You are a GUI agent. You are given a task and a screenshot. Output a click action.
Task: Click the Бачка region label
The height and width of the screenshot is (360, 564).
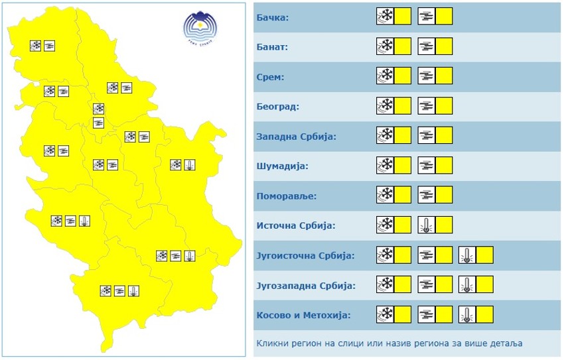[x=273, y=17]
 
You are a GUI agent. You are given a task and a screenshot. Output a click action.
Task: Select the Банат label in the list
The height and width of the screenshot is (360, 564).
[x=272, y=47]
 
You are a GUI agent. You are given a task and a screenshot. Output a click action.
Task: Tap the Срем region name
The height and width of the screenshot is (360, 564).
[x=270, y=77]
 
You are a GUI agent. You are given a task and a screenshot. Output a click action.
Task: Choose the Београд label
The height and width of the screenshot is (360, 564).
[x=278, y=106]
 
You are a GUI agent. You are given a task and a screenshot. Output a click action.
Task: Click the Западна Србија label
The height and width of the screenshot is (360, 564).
[x=296, y=137]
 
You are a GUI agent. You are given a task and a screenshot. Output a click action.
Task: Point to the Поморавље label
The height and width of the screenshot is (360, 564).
[x=287, y=196]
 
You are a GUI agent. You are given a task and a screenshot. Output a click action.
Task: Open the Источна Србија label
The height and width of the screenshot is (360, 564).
[x=296, y=225]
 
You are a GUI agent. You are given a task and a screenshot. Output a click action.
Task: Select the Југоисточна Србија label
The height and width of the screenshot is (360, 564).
[x=305, y=255]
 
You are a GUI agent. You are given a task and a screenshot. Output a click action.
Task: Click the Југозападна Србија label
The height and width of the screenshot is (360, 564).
[x=306, y=286]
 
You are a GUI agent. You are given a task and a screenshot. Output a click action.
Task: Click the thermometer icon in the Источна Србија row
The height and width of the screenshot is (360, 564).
[x=427, y=225]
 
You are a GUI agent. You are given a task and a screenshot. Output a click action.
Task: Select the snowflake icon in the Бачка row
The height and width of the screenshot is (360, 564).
[x=385, y=16]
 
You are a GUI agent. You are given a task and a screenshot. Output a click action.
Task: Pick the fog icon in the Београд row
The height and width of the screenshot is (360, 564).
[x=427, y=105]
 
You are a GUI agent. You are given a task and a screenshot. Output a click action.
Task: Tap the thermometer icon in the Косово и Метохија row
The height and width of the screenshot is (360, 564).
[x=467, y=314]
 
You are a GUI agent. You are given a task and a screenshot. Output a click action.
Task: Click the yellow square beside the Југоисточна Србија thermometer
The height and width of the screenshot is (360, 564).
[x=485, y=255]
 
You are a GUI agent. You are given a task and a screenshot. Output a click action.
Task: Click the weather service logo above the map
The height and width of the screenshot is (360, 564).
[x=200, y=28]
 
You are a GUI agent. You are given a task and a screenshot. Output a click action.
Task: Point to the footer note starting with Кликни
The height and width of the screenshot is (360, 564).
[x=389, y=343]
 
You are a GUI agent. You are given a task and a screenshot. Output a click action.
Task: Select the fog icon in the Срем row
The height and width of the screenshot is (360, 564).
[x=427, y=76]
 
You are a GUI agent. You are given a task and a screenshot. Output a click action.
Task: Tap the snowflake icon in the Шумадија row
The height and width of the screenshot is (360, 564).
[x=385, y=165]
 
